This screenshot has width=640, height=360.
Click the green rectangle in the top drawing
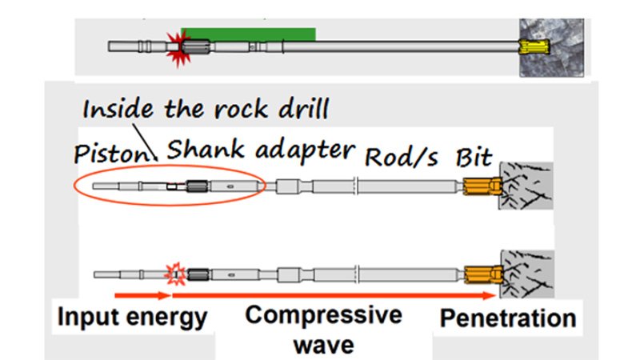pos(248,34)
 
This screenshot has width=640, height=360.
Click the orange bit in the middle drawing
pos(481,187)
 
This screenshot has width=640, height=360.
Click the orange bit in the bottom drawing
pos(481,275)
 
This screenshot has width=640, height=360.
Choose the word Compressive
pos(323,315)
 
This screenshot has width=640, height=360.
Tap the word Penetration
pos(507,318)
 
